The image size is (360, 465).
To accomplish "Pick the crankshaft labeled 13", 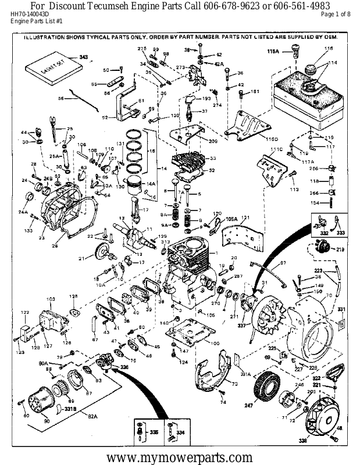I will pyautogui.click(x=136, y=238).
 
